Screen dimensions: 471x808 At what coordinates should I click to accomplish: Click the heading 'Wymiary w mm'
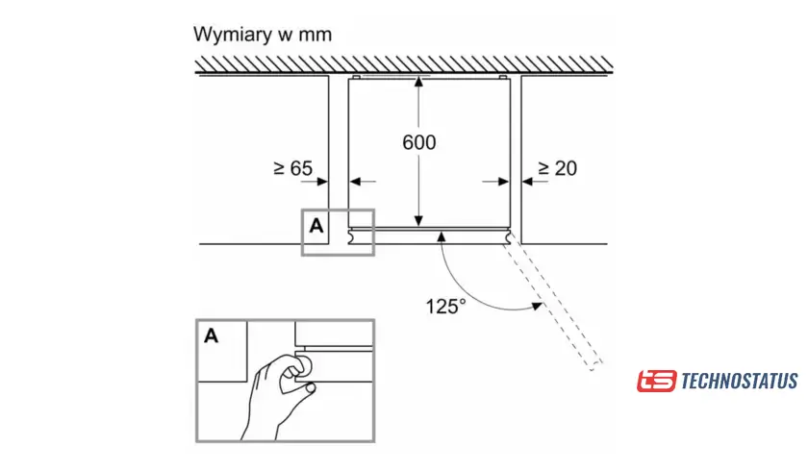(263, 36)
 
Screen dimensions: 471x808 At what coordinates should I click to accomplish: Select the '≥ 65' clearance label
(292, 168)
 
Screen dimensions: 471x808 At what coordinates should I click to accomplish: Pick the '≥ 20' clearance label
(557, 168)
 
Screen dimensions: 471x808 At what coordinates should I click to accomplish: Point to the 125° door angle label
(445, 307)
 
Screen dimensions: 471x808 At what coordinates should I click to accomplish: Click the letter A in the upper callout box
(316, 226)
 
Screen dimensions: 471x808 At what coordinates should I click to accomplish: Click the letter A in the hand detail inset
(212, 335)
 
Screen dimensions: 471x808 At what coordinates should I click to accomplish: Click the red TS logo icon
(656, 382)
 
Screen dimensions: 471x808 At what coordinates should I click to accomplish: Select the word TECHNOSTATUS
(739, 382)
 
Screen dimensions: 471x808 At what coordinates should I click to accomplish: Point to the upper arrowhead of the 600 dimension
(418, 83)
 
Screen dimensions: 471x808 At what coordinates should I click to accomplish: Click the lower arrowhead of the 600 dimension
(418, 220)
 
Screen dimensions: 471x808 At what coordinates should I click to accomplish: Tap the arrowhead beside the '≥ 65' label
(323, 180)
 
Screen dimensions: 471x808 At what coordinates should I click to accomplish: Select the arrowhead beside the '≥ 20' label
(527, 180)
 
